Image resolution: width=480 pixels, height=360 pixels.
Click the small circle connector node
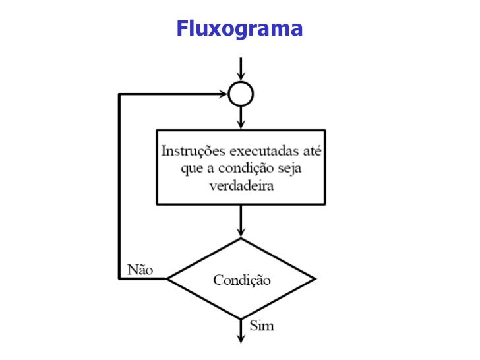coord(241,94)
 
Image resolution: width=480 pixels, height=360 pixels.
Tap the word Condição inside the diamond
coord(241,280)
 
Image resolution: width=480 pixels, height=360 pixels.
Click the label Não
coord(140,269)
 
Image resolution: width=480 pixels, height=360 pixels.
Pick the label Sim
coord(262,326)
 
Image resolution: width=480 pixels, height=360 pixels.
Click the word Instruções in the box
coord(193,151)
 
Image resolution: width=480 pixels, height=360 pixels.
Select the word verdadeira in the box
coord(241,185)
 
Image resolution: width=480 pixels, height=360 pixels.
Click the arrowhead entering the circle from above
coord(241,78)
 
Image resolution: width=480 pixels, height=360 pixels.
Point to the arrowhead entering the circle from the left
coord(223,94)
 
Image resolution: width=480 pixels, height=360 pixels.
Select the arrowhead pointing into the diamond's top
coord(241,232)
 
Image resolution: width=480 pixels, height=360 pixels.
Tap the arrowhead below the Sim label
coord(241,338)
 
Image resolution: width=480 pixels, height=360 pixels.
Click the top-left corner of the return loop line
coord(119,94)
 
